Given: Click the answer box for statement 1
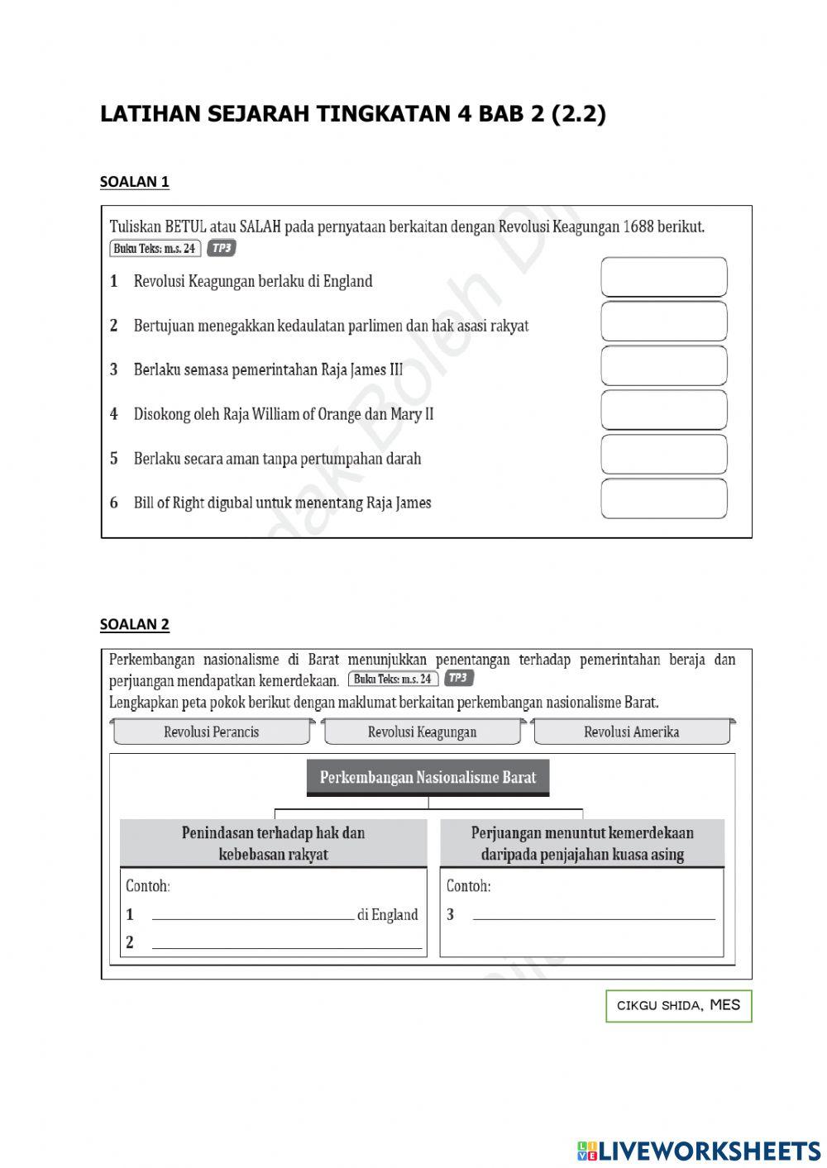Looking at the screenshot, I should [x=663, y=277].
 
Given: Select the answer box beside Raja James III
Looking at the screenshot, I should [x=663, y=365].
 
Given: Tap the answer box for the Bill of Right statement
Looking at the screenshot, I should [x=663, y=498].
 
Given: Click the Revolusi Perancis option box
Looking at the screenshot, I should [x=212, y=732].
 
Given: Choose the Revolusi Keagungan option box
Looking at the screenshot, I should [x=422, y=732].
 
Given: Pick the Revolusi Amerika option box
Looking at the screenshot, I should [x=631, y=732].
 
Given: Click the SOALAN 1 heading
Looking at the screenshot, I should [x=135, y=182].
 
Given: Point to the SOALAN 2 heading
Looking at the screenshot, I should [x=135, y=624].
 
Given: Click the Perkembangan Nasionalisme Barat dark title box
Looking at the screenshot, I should [x=428, y=777].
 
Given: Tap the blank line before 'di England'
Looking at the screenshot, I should [x=252, y=914].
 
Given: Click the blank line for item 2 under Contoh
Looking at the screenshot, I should [x=287, y=943].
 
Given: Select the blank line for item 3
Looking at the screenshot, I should [x=593, y=914].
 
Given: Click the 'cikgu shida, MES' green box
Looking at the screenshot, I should [x=678, y=1006].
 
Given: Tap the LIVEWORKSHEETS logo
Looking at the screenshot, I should [x=699, y=1150].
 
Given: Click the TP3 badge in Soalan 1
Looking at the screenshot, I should [x=222, y=248].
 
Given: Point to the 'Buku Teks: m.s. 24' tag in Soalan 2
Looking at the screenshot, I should [x=393, y=679].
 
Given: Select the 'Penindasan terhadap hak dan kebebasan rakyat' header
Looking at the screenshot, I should [x=273, y=843].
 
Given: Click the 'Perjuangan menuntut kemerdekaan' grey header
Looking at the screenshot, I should [x=582, y=843].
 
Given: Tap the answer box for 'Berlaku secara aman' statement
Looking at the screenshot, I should [x=663, y=454].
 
